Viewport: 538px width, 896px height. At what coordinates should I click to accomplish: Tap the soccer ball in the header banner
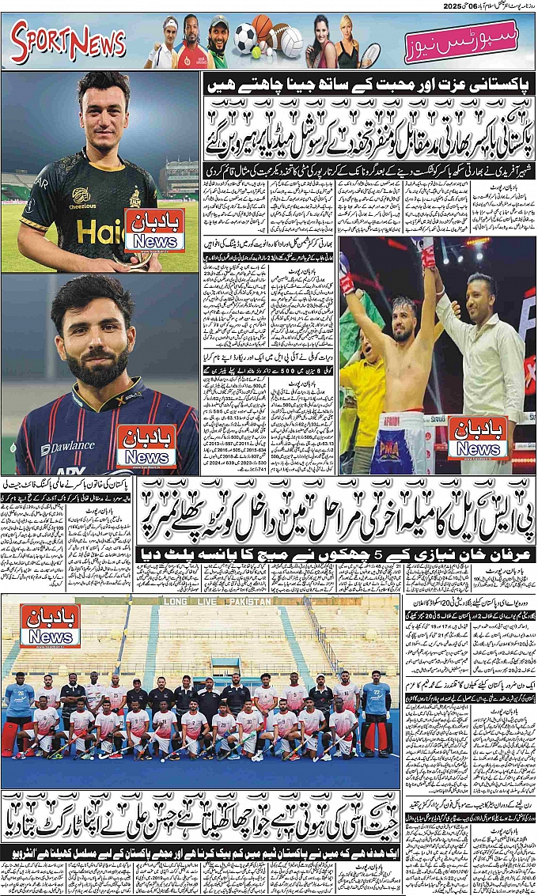[245, 36]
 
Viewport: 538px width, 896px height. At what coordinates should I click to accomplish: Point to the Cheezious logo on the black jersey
[80, 195]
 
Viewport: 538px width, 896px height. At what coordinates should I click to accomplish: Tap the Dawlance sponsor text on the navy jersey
[68, 448]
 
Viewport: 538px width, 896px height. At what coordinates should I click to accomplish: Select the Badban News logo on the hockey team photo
[50, 626]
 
